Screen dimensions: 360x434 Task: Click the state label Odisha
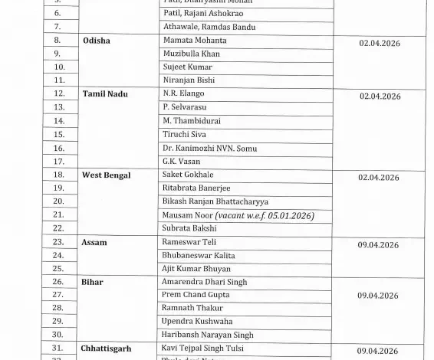click(98, 40)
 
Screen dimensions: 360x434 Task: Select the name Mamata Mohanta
click(195, 40)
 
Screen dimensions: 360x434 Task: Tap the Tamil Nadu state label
click(105, 93)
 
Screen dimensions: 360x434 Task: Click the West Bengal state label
click(107, 175)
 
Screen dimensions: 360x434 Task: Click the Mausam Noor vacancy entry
click(238, 214)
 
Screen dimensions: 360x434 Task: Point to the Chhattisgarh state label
click(110, 349)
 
